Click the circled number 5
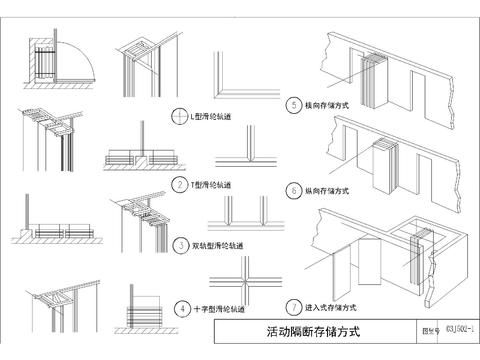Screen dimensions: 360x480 (293, 103)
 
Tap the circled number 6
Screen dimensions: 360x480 (293, 187)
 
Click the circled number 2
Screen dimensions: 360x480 (180, 184)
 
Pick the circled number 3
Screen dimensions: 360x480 (180, 244)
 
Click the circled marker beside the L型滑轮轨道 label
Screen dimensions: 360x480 (180, 115)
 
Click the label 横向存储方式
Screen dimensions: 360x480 (326, 104)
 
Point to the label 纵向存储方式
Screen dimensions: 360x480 (326, 188)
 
